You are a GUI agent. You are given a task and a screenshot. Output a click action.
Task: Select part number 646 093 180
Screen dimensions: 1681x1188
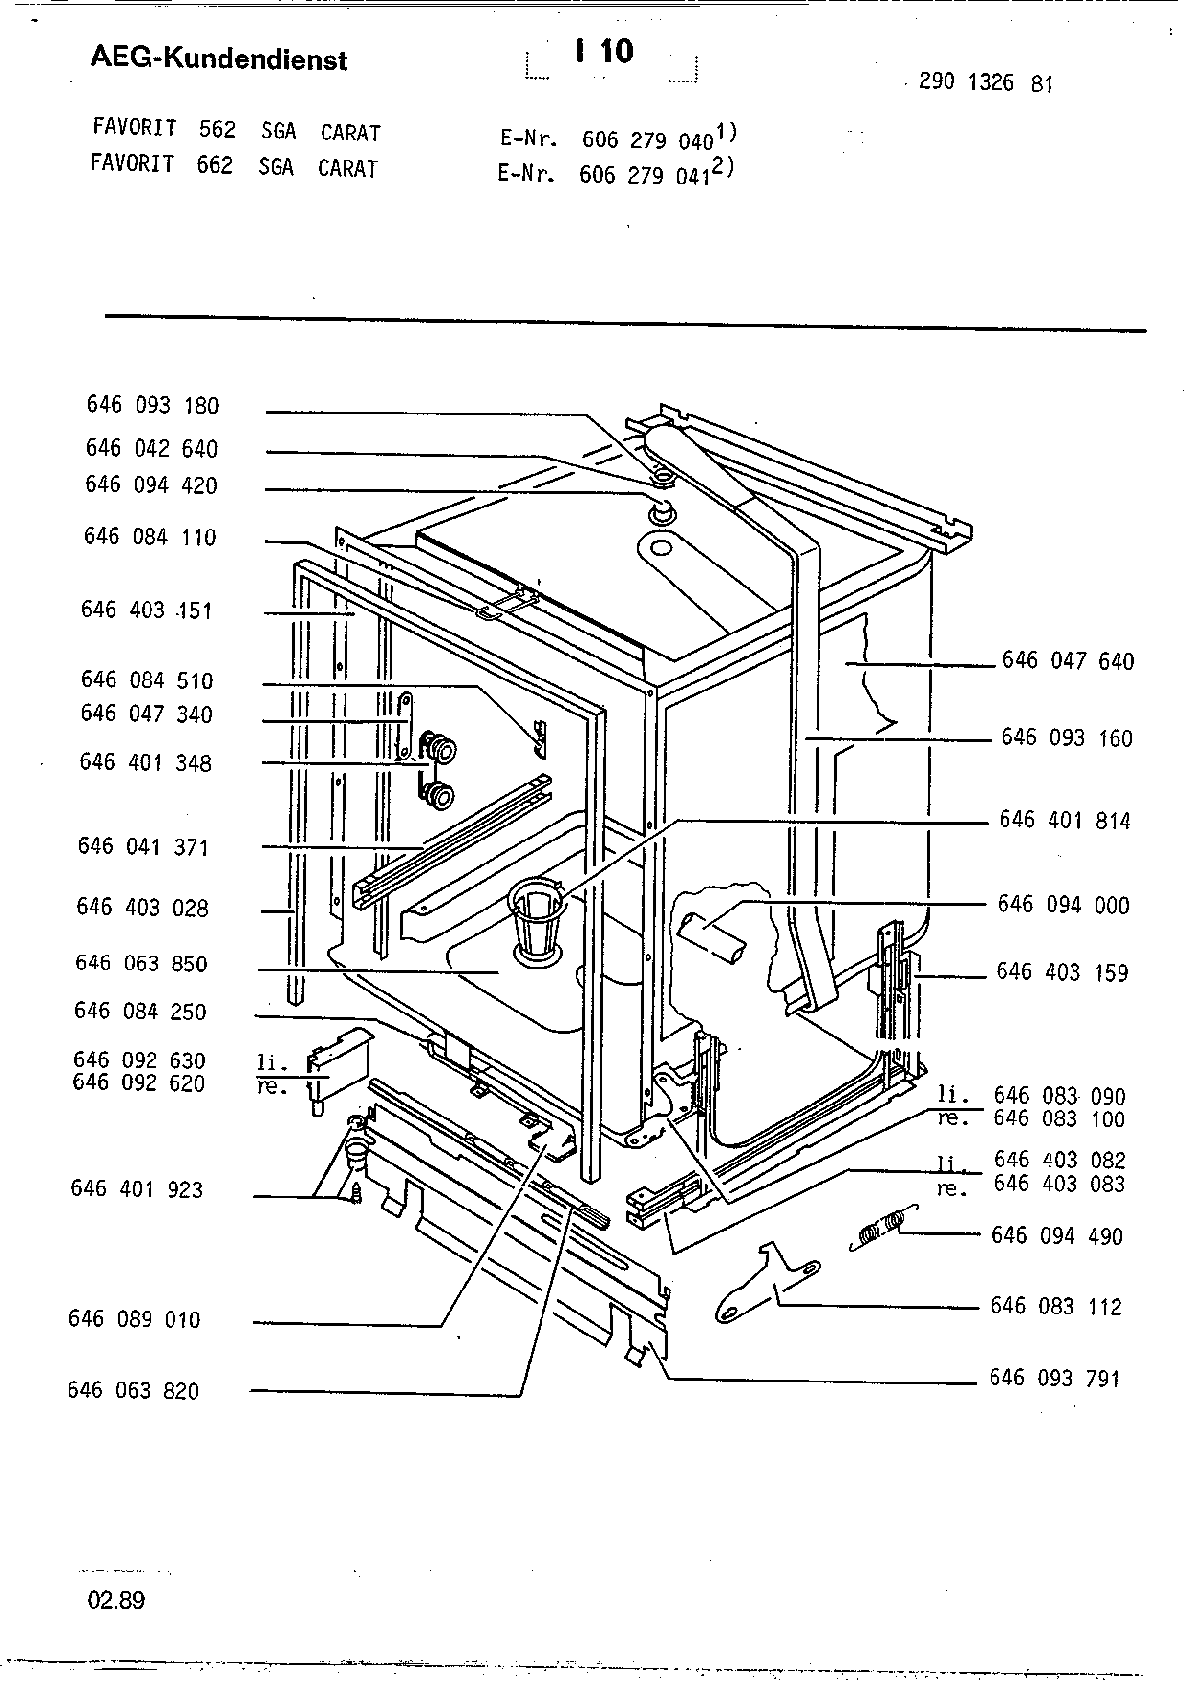(x=152, y=405)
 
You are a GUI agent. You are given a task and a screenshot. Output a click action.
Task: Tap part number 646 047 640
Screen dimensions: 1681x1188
(x=1067, y=661)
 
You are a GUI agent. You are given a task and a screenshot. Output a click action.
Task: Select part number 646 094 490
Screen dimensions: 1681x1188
(x=1056, y=1236)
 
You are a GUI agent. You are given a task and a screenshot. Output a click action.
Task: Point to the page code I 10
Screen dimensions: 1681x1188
(x=605, y=52)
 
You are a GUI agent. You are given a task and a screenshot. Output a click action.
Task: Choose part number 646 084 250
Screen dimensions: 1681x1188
(x=140, y=1011)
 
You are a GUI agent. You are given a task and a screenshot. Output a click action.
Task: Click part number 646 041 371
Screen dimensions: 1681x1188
(x=143, y=847)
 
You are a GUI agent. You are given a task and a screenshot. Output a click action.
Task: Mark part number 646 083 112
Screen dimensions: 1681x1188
(x=1056, y=1306)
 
